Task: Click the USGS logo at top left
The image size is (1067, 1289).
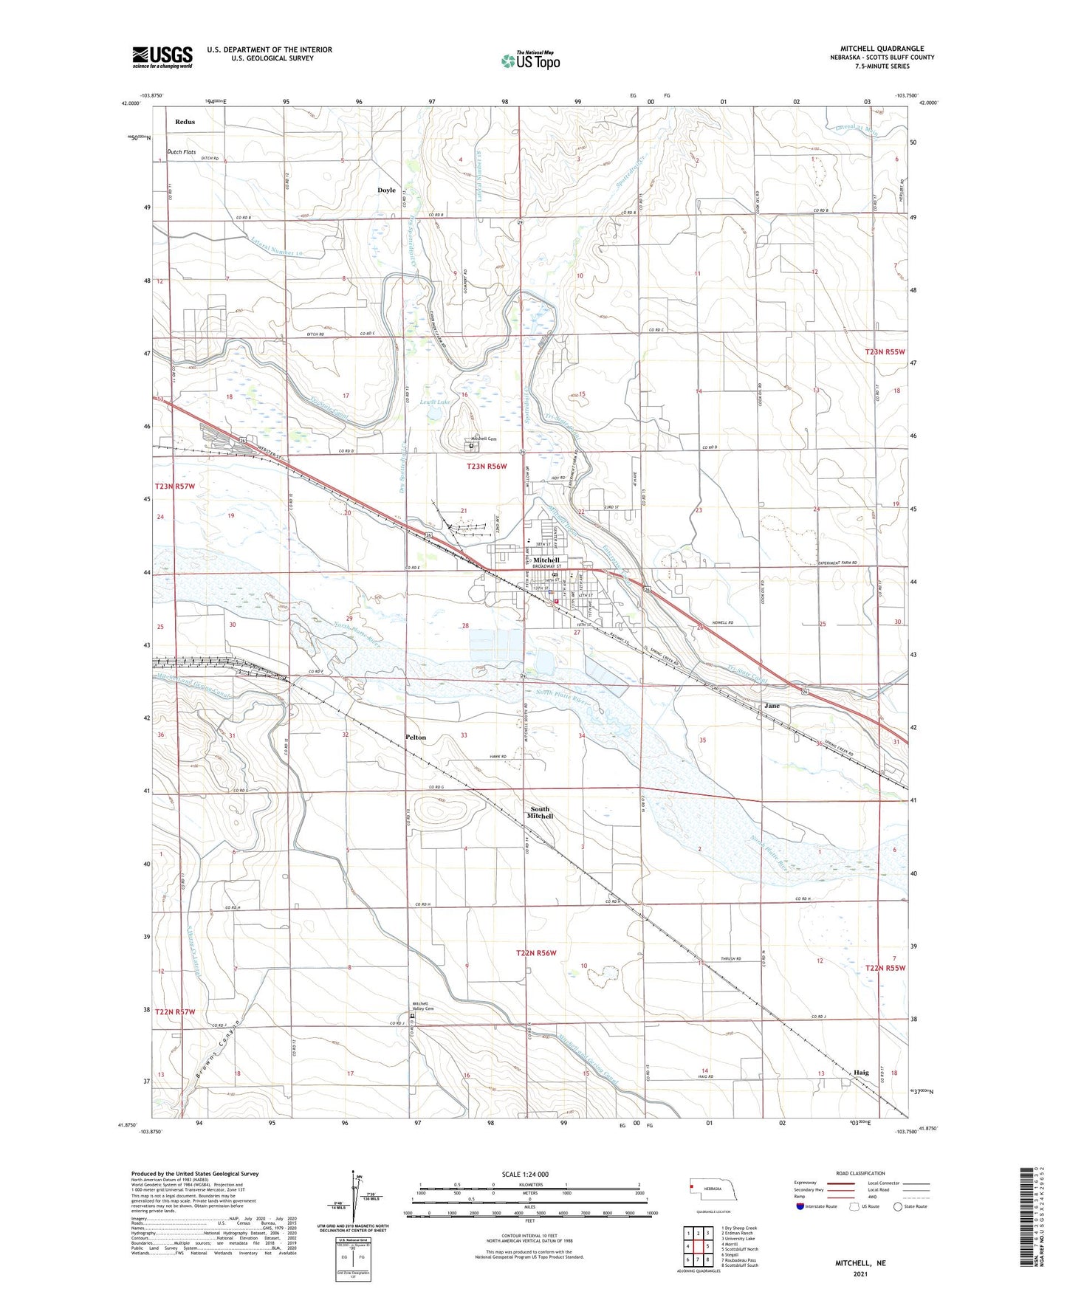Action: tap(162, 57)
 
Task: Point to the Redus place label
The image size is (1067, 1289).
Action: tap(185, 122)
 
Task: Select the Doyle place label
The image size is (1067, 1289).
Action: tap(386, 190)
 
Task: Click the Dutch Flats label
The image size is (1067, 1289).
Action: tap(181, 152)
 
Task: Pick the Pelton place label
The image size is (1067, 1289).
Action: tap(415, 738)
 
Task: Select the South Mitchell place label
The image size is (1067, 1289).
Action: tap(540, 813)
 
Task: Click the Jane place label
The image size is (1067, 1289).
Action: tap(772, 706)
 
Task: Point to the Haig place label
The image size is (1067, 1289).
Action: tap(860, 1073)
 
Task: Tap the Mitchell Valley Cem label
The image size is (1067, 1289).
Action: tap(421, 1006)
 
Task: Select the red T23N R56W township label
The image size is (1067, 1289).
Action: tap(487, 467)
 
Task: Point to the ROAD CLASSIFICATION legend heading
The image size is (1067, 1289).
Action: tap(860, 1173)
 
